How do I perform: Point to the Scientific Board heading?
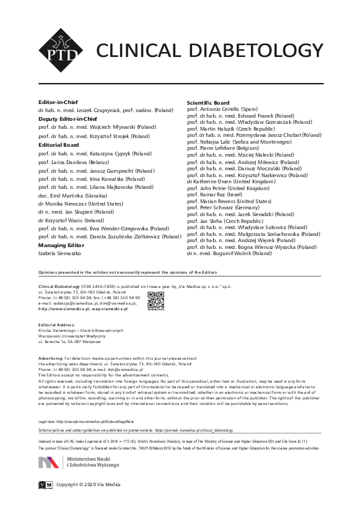click(x=208, y=103)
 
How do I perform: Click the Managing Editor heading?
click(x=60, y=245)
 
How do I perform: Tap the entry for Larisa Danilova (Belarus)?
click(x=79, y=160)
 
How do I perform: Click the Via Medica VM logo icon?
click(x=45, y=484)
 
